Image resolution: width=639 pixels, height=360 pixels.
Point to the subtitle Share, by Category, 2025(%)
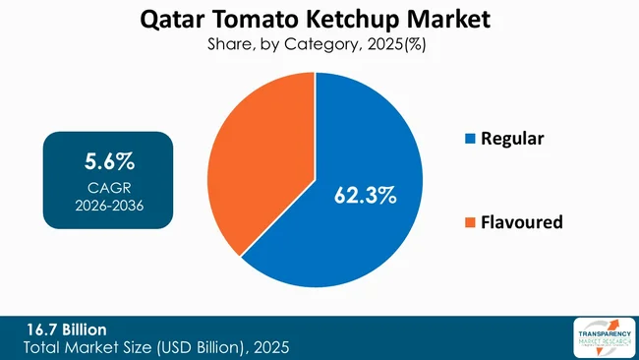319,44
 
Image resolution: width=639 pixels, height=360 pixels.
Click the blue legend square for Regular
468,139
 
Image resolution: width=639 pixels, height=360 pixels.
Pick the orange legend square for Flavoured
468,223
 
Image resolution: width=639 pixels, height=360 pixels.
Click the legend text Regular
511,139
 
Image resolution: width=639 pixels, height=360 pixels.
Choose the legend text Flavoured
521,222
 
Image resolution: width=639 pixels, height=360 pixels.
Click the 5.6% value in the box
108,159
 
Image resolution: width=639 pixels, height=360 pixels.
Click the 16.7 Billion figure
67,329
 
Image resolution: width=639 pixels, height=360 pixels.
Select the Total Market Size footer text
157,347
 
